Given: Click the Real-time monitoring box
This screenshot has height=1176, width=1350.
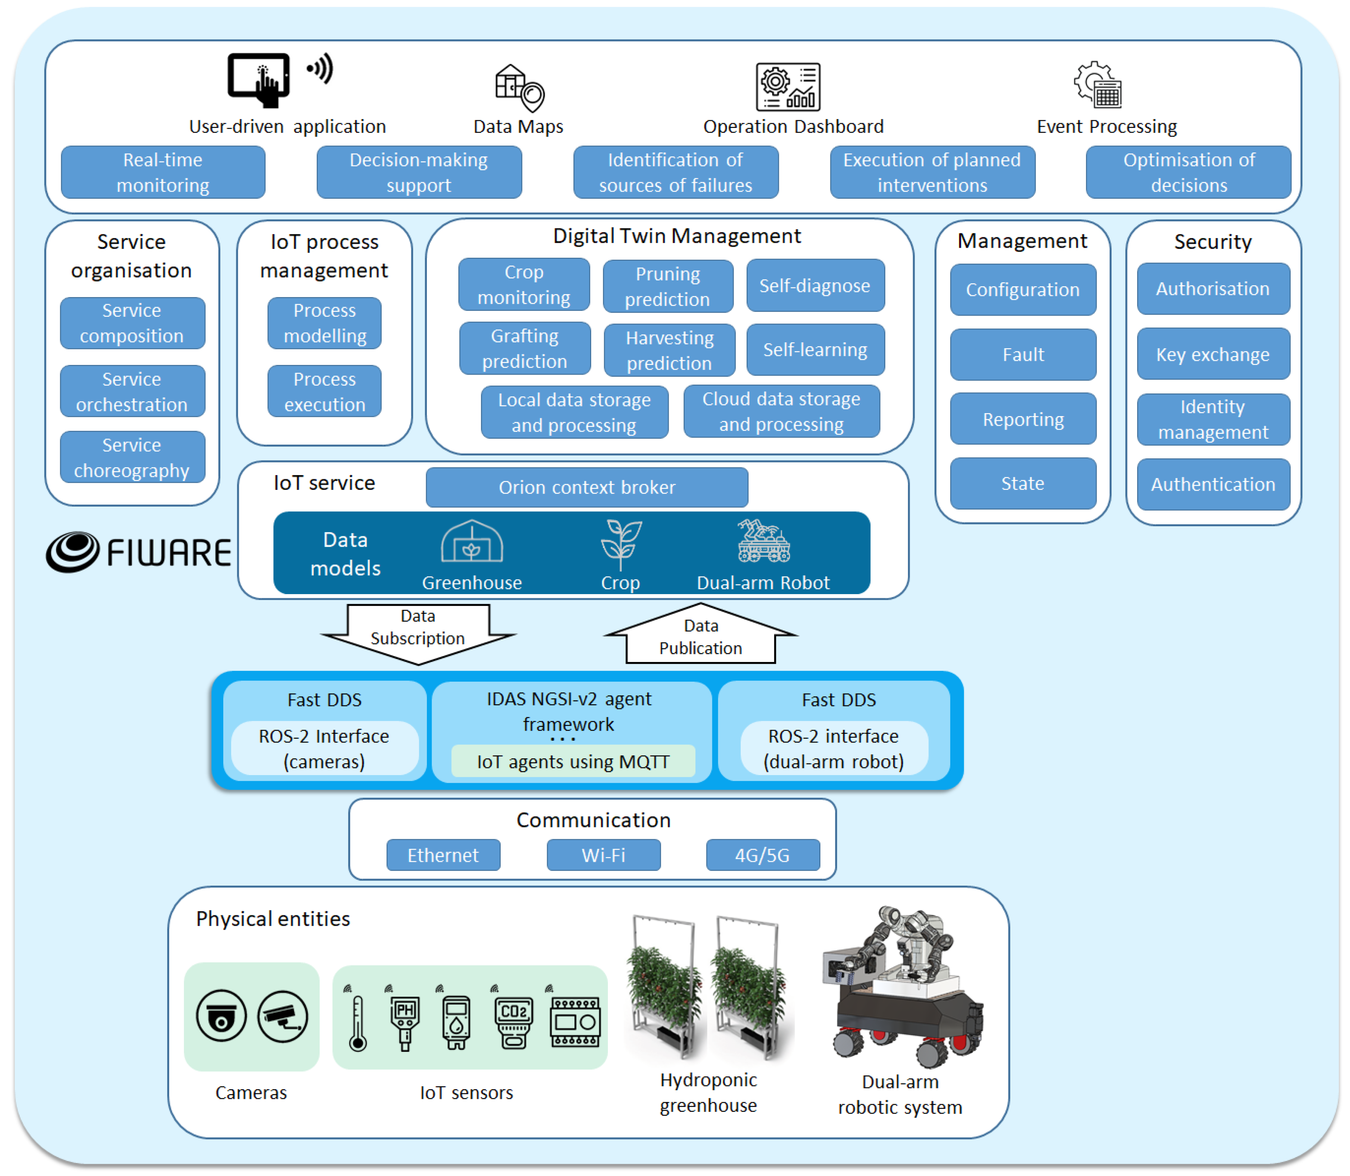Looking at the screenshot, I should pyautogui.click(x=163, y=172).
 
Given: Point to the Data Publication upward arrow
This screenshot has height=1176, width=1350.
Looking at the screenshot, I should pyautogui.click(x=700, y=635).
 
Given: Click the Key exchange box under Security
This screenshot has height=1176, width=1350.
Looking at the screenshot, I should pyautogui.click(x=1212, y=355).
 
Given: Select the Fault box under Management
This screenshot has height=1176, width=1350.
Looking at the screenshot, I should pyautogui.click(x=1023, y=355).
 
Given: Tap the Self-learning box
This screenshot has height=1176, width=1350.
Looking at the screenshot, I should pyautogui.click(x=815, y=350).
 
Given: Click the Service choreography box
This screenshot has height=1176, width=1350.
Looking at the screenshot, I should pyautogui.click(x=132, y=457).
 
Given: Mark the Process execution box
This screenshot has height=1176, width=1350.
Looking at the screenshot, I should pyautogui.click(x=324, y=392).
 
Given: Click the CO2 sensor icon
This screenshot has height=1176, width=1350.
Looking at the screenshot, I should pyautogui.click(x=513, y=1021).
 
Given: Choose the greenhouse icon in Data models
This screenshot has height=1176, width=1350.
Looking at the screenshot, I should pyautogui.click(x=471, y=542).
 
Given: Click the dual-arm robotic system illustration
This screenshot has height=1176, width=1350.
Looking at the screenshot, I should pyautogui.click(x=902, y=984).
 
